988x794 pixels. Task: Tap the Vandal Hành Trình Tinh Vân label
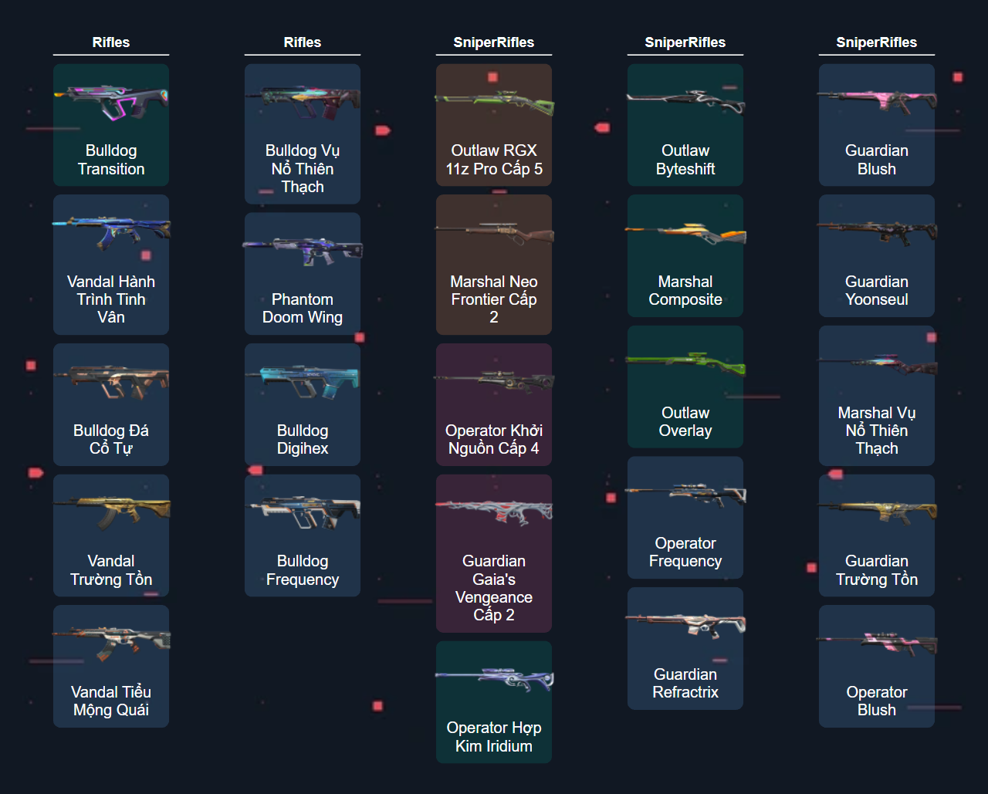click(x=111, y=299)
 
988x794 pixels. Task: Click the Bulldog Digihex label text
click(x=303, y=440)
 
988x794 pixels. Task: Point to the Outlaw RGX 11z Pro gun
click(x=494, y=102)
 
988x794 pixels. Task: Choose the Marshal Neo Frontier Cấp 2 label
click(x=494, y=299)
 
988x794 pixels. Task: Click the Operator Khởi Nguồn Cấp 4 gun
click(x=494, y=381)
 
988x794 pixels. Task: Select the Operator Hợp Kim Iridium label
click(x=494, y=737)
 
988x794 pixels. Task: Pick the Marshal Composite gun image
click(x=685, y=232)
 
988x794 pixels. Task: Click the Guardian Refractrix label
click(x=685, y=684)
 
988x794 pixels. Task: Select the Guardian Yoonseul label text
click(x=877, y=291)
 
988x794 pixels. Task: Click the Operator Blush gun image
click(x=877, y=644)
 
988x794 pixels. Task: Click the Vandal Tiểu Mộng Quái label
click(x=111, y=701)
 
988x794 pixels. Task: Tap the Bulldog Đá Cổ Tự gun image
click(x=111, y=381)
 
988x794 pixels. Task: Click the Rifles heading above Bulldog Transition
click(x=111, y=42)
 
